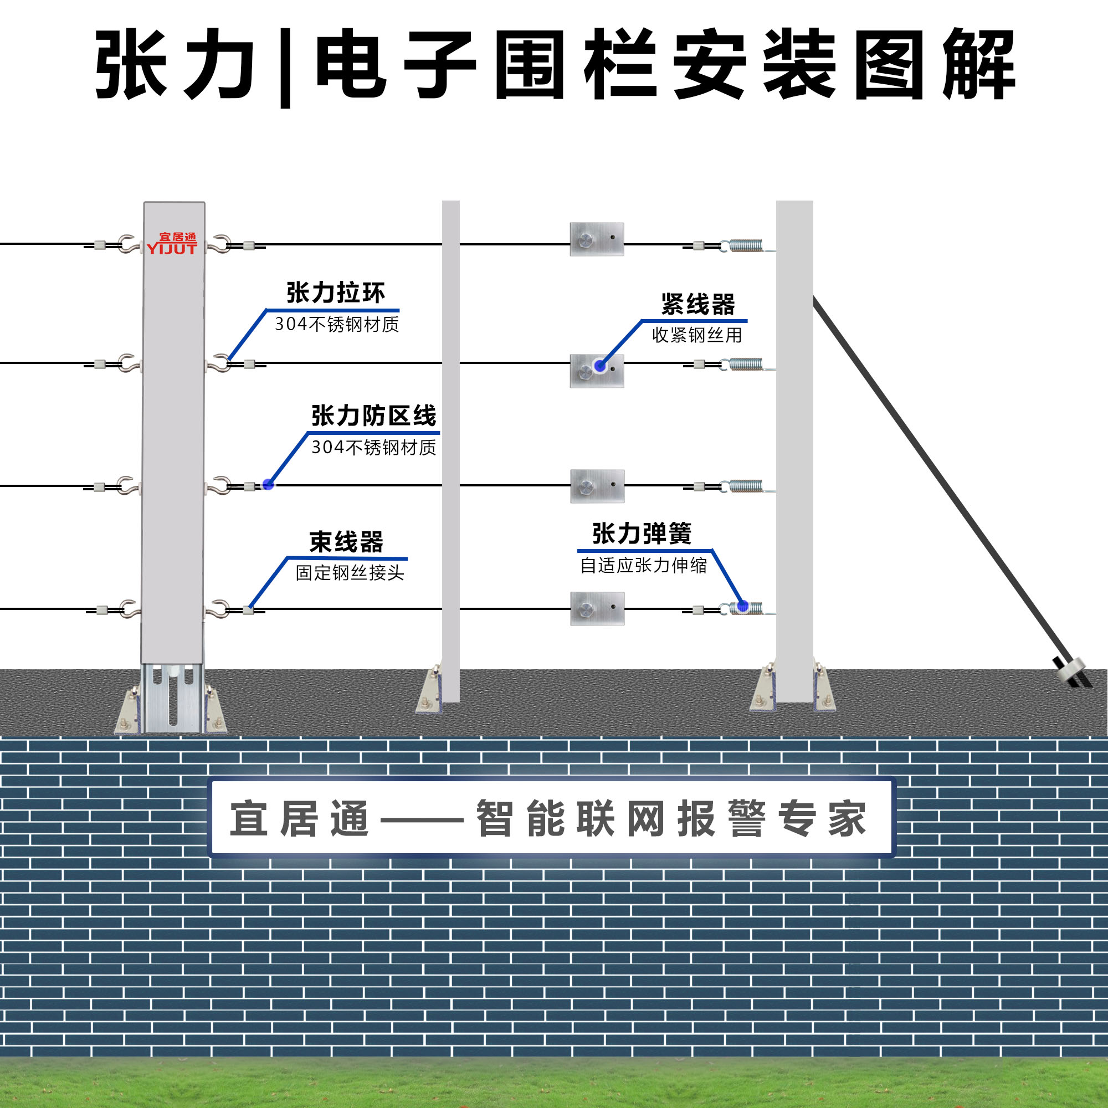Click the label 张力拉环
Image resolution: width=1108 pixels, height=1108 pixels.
coord(336,293)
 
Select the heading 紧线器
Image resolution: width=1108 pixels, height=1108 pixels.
coord(697,305)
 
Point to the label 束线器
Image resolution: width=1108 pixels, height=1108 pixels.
coord(346,542)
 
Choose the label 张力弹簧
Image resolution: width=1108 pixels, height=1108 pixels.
coord(642,534)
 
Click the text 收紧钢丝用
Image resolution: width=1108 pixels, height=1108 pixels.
coord(697,335)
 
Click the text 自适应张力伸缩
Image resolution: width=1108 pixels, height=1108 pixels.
coord(643,566)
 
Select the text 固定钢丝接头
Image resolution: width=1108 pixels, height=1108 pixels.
coord(350,572)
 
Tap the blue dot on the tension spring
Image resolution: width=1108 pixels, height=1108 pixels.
coord(743,606)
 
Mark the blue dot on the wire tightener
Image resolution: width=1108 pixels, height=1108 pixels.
coord(600,366)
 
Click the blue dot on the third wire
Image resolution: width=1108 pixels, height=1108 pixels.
coord(268,485)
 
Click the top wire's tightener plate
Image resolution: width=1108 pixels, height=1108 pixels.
coord(597,239)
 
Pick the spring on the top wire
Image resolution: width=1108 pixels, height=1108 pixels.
coord(746,246)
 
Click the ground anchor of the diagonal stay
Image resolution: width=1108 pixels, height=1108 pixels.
coord(1070,670)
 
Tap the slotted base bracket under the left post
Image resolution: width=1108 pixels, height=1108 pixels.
coord(172,697)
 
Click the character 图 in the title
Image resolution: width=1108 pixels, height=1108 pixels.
coord(889,64)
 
